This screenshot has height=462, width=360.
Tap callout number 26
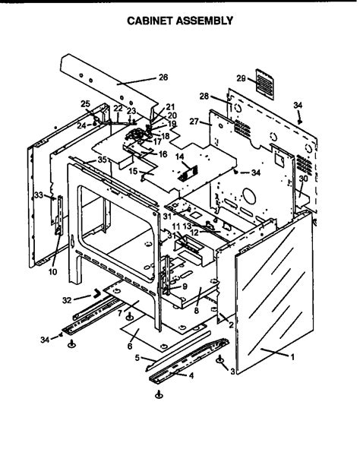pos(163,78)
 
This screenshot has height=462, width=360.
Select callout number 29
pos(241,79)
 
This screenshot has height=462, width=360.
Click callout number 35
pos(102,160)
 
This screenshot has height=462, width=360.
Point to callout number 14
pos(180,157)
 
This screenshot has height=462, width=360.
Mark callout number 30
pos(303,179)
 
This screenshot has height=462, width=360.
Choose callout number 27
pos(194,122)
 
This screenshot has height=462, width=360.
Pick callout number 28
pos(204,96)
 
